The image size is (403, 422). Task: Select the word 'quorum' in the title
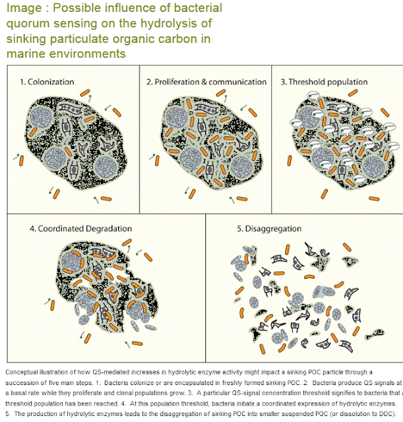coord(25,24)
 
